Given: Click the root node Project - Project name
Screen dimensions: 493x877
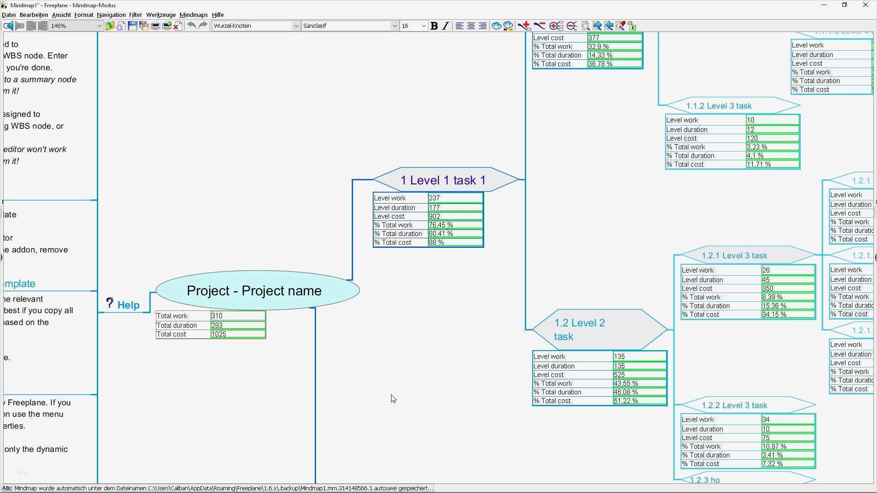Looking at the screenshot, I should click(254, 291).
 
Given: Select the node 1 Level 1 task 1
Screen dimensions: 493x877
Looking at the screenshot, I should click(443, 180).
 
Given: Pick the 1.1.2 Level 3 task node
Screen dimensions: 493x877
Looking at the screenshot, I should click(719, 106).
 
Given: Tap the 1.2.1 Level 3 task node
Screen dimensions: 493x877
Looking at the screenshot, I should click(734, 256).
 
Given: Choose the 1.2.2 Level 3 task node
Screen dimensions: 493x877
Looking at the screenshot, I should click(734, 405).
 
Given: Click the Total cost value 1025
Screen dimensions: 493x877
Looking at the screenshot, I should click(238, 334).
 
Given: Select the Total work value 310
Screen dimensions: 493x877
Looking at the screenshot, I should click(238, 316).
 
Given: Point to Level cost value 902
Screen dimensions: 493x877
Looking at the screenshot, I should click(455, 216).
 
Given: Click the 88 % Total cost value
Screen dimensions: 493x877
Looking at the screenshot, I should click(455, 242).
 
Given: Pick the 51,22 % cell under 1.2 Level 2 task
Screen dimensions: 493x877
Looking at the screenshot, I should click(639, 401).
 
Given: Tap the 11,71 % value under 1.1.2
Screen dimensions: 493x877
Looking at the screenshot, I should click(772, 164).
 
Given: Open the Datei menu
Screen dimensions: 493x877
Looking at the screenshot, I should click(9, 15).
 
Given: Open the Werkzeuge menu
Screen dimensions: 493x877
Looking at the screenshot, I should click(161, 15).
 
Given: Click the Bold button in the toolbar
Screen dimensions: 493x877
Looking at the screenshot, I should click(434, 26).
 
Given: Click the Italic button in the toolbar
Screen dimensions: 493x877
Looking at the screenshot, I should click(445, 26).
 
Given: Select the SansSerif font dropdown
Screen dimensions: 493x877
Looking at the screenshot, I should click(349, 26).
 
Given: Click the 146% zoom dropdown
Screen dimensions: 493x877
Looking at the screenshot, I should click(76, 26).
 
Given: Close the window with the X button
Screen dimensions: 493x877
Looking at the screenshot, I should click(865, 5).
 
